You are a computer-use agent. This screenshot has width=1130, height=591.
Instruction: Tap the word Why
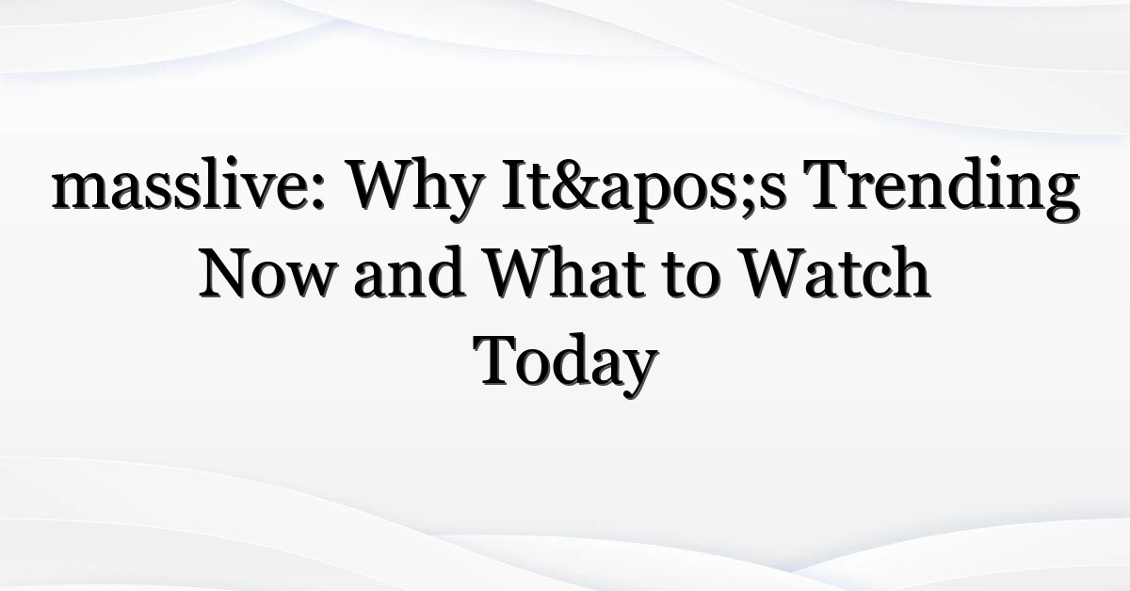click(x=414, y=189)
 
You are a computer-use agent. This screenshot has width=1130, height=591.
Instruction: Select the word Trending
click(x=941, y=189)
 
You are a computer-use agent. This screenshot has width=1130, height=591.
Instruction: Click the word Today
click(x=566, y=364)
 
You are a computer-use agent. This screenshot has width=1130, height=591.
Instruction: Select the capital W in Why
click(x=384, y=184)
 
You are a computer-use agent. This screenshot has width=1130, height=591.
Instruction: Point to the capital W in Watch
click(x=776, y=273)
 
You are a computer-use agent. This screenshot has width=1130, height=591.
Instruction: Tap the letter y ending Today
click(x=638, y=374)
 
